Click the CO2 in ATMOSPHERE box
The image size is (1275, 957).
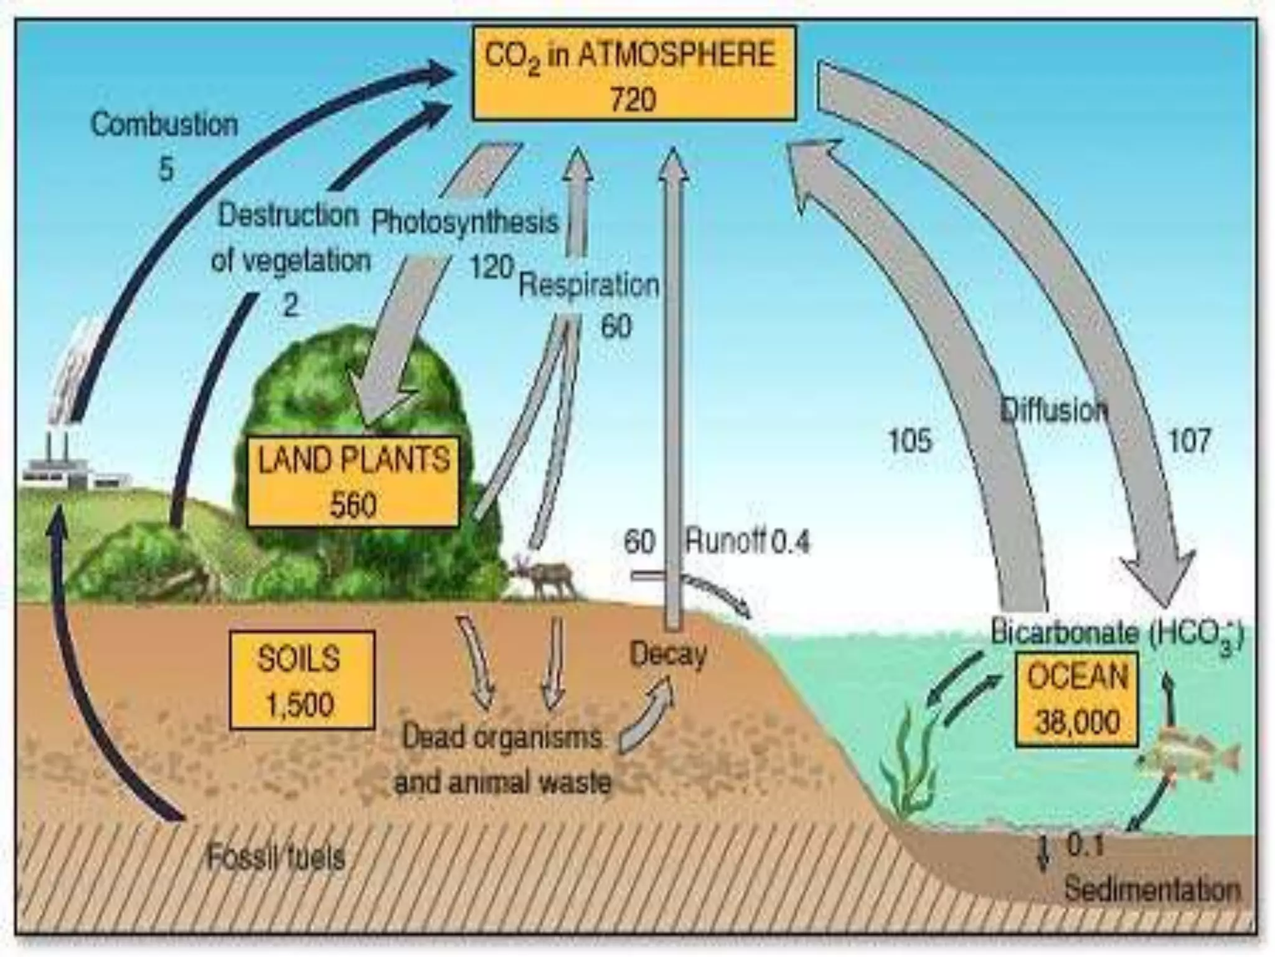[634, 73]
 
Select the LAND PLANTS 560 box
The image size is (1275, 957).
[353, 481]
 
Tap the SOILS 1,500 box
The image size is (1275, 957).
[301, 680]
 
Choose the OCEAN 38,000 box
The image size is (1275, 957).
[1077, 698]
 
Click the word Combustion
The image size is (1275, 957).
[165, 125]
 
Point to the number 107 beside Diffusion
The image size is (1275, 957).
[1189, 441]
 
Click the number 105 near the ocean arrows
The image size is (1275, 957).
[910, 441]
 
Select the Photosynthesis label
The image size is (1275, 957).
[465, 222]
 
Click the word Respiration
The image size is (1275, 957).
[588, 285]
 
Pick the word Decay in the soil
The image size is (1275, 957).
[668, 654]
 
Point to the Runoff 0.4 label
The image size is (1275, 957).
[747, 542]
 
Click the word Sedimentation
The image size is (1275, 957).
[1152, 889]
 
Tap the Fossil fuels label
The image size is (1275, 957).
[275, 858]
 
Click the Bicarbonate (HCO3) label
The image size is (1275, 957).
[1117, 634]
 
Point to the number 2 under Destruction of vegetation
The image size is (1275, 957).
[291, 305]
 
